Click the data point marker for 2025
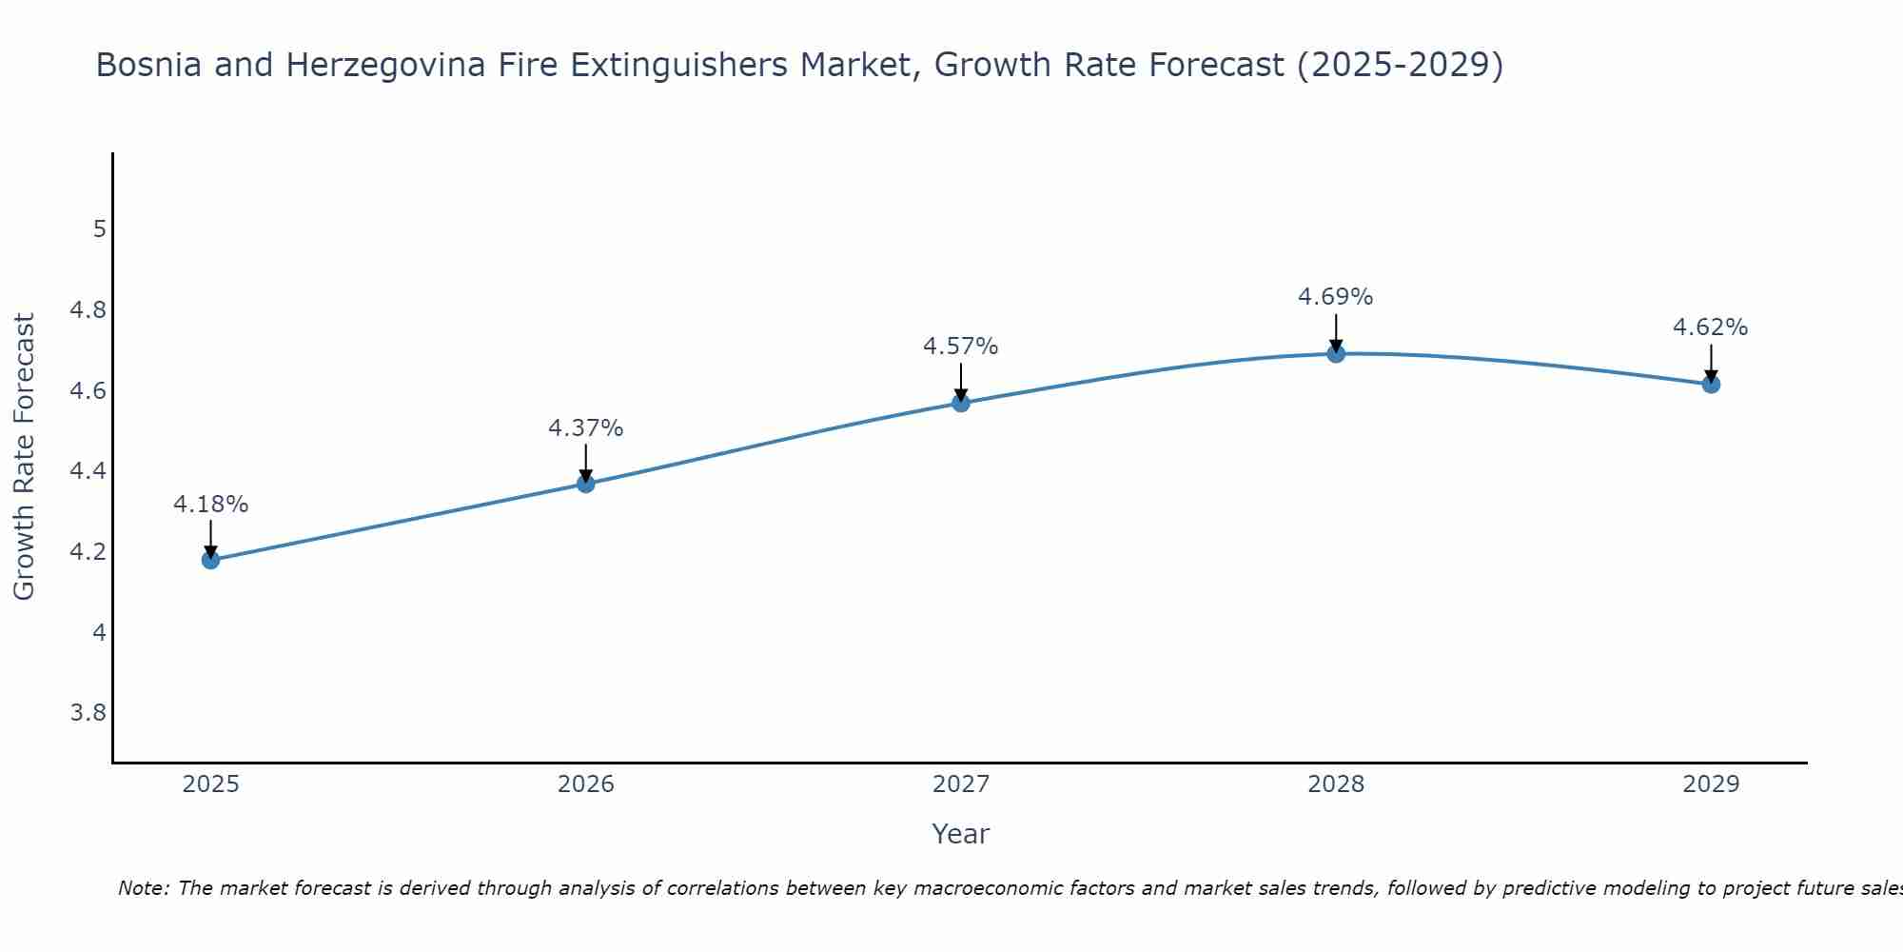click(210, 560)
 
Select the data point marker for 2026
click(585, 484)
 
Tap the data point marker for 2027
click(961, 403)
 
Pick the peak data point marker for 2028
click(1336, 354)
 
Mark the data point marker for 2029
click(1711, 385)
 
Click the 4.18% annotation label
click(210, 505)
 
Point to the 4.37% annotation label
click(585, 428)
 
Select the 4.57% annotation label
click(961, 347)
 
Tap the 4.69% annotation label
click(1336, 297)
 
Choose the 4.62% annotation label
click(1711, 327)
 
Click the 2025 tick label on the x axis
click(210, 784)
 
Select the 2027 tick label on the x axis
click(961, 784)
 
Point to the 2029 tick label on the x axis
click(1711, 784)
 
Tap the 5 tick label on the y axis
click(98, 229)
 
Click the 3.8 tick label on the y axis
click(88, 713)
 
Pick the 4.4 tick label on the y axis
click(88, 471)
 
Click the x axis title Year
click(961, 834)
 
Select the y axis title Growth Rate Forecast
click(24, 457)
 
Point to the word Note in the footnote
click(143, 888)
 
